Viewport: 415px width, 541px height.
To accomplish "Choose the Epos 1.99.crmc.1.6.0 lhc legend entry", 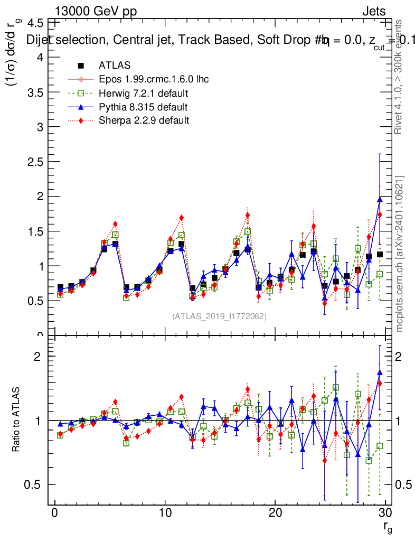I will [154, 80].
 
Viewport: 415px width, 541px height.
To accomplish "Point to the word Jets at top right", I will [374, 11].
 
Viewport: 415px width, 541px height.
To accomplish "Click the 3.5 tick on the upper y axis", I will [35, 91].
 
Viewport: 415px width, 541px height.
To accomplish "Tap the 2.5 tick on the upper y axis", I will [35, 162].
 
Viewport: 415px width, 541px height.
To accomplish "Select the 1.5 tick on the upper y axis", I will [35, 231].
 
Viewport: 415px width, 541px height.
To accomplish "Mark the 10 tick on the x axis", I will [165, 513].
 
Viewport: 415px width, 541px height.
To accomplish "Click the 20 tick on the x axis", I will [275, 513].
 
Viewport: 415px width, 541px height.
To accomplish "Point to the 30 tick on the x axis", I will [385, 513].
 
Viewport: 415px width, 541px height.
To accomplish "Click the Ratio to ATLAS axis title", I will [17, 420].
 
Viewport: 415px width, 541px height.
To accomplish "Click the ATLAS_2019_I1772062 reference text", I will [219, 316].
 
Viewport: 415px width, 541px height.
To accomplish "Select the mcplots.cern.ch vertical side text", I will [400, 254].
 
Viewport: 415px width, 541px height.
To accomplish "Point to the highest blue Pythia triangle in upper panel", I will [380, 199].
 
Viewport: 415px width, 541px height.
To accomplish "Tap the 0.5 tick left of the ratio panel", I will [35, 484].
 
